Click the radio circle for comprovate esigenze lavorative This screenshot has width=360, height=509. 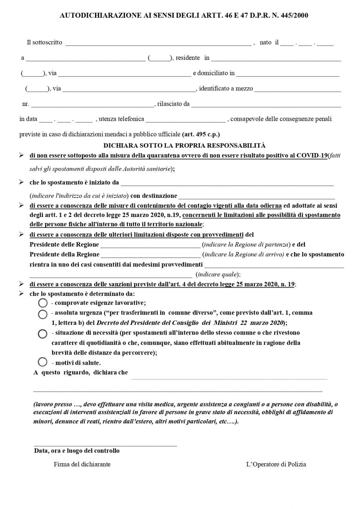[43, 303]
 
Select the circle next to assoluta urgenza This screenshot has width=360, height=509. [43, 314]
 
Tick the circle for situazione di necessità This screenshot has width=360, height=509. [43, 334]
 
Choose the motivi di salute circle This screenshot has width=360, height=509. [43, 362]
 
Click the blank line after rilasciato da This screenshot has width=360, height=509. [266, 105]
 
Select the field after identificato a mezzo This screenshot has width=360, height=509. [298, 90]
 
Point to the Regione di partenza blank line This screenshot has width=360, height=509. [150, 246]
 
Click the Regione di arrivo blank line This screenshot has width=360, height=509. [151, 255]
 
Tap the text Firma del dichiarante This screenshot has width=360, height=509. [82, 464]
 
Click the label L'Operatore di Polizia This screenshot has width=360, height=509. [276, 464]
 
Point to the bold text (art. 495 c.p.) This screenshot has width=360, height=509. [201, 134]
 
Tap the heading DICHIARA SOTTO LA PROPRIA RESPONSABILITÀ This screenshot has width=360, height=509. [184, 145]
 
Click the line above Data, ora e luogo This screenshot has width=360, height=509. [105, 445]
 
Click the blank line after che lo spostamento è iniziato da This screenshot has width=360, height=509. [227, 184]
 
